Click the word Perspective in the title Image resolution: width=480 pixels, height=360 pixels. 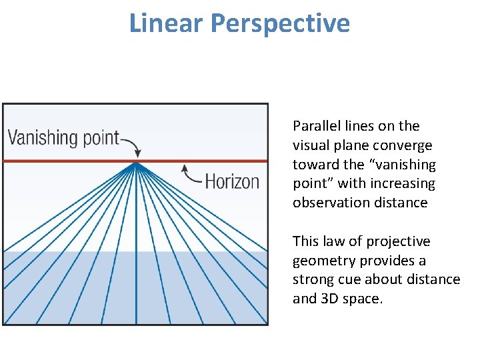280,24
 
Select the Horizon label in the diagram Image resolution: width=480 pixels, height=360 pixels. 232,181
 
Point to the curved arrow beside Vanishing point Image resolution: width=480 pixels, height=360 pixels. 130,143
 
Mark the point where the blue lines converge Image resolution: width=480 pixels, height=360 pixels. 136,163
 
